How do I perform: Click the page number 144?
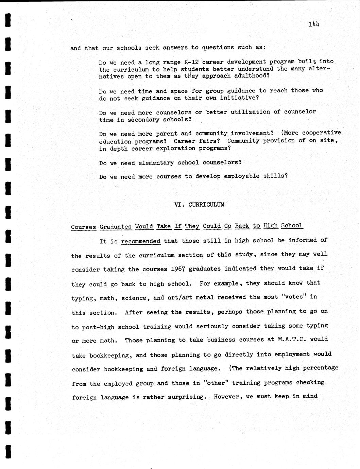tap(314, 24)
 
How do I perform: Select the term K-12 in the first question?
tap(191, 62)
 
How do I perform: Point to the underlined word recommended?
tap(141, 241)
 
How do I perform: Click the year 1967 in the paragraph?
tap(178, 269)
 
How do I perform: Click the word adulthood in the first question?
tap(252, 75)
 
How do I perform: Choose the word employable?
tap(242, 176)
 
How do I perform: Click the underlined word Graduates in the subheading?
tap(116, 227)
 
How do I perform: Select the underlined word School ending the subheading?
tap(292, 226)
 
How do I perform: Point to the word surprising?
tap(187, 397)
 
